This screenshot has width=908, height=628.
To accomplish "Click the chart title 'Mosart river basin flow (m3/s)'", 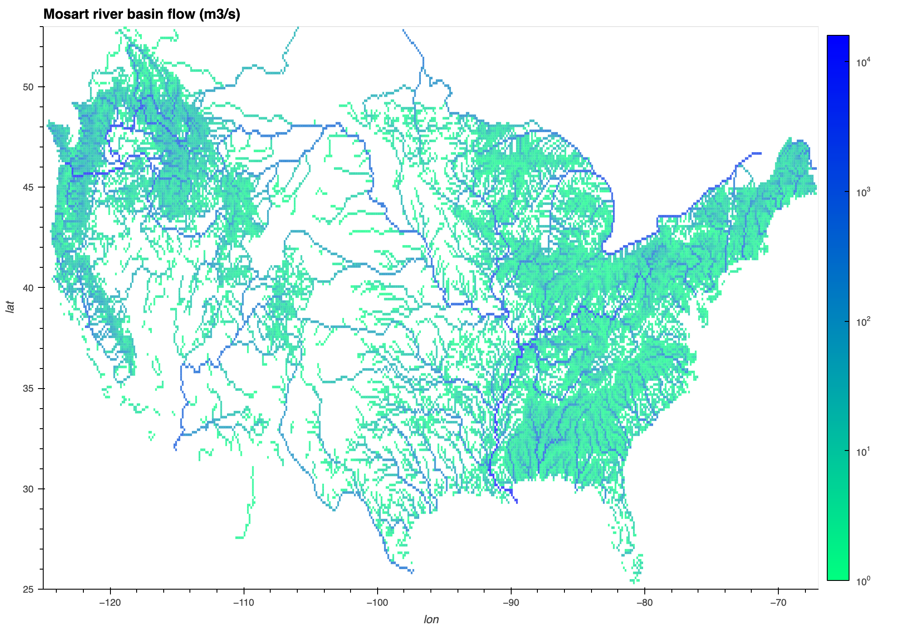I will tap(142, 14).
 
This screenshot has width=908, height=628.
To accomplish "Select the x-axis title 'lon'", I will tap(431, 619).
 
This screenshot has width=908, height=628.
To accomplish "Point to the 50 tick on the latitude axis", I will tap(28, 87).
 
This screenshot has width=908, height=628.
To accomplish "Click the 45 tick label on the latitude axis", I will tap(28, 188).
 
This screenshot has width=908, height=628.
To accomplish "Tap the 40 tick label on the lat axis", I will tap(28, 288).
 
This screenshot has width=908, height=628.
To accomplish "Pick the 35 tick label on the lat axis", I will tap(28, 389).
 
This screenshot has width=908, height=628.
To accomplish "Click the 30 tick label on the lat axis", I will tap(28, 489).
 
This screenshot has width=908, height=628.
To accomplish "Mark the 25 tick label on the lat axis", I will tap(28, 589).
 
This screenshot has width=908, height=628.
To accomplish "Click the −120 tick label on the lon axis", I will tap(110, 603).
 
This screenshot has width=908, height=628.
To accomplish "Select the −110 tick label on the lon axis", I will tap(244, 603).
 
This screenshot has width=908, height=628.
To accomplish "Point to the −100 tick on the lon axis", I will tap(377, 603).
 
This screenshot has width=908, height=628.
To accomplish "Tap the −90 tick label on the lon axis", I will tap(511, 603).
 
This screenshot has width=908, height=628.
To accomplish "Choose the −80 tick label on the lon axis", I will tap(644, 603).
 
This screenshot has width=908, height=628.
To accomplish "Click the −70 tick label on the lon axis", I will tap(778, 603).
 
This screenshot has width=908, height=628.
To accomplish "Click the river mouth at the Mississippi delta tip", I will tap(517, 502).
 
